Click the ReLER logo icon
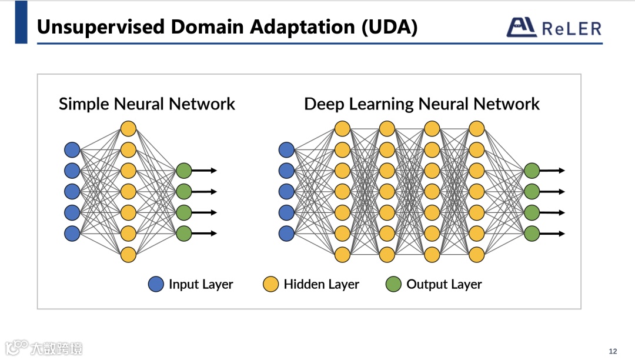click(x=522, y=27)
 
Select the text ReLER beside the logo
click(x=571, y=28)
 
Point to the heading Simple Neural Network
click(x=146, y=104)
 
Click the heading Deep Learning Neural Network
click(x=422, y=104)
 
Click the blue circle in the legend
click(x=156, y=285)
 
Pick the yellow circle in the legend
click(x=270, y=285)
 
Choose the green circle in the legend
click(x=393, y=285)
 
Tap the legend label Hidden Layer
click(x=321, y=285)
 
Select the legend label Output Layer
click(x=444, y=285)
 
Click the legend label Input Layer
click(x=200, y=285)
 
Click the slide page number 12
click(x=613, y=351)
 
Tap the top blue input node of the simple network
click(x=72, y=149)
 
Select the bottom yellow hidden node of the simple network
click(x=128, y=255)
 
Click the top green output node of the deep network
click(x=532, y=171)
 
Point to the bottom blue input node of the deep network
click(x=286, y=234)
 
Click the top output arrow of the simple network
click(x=205, y=171)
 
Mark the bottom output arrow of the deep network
click(x=553, y=234)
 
